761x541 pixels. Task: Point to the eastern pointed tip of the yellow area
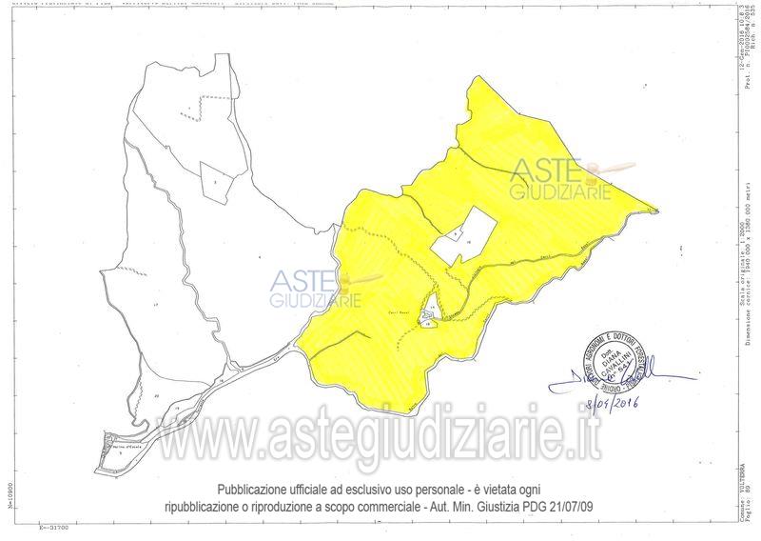coord(654,210)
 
